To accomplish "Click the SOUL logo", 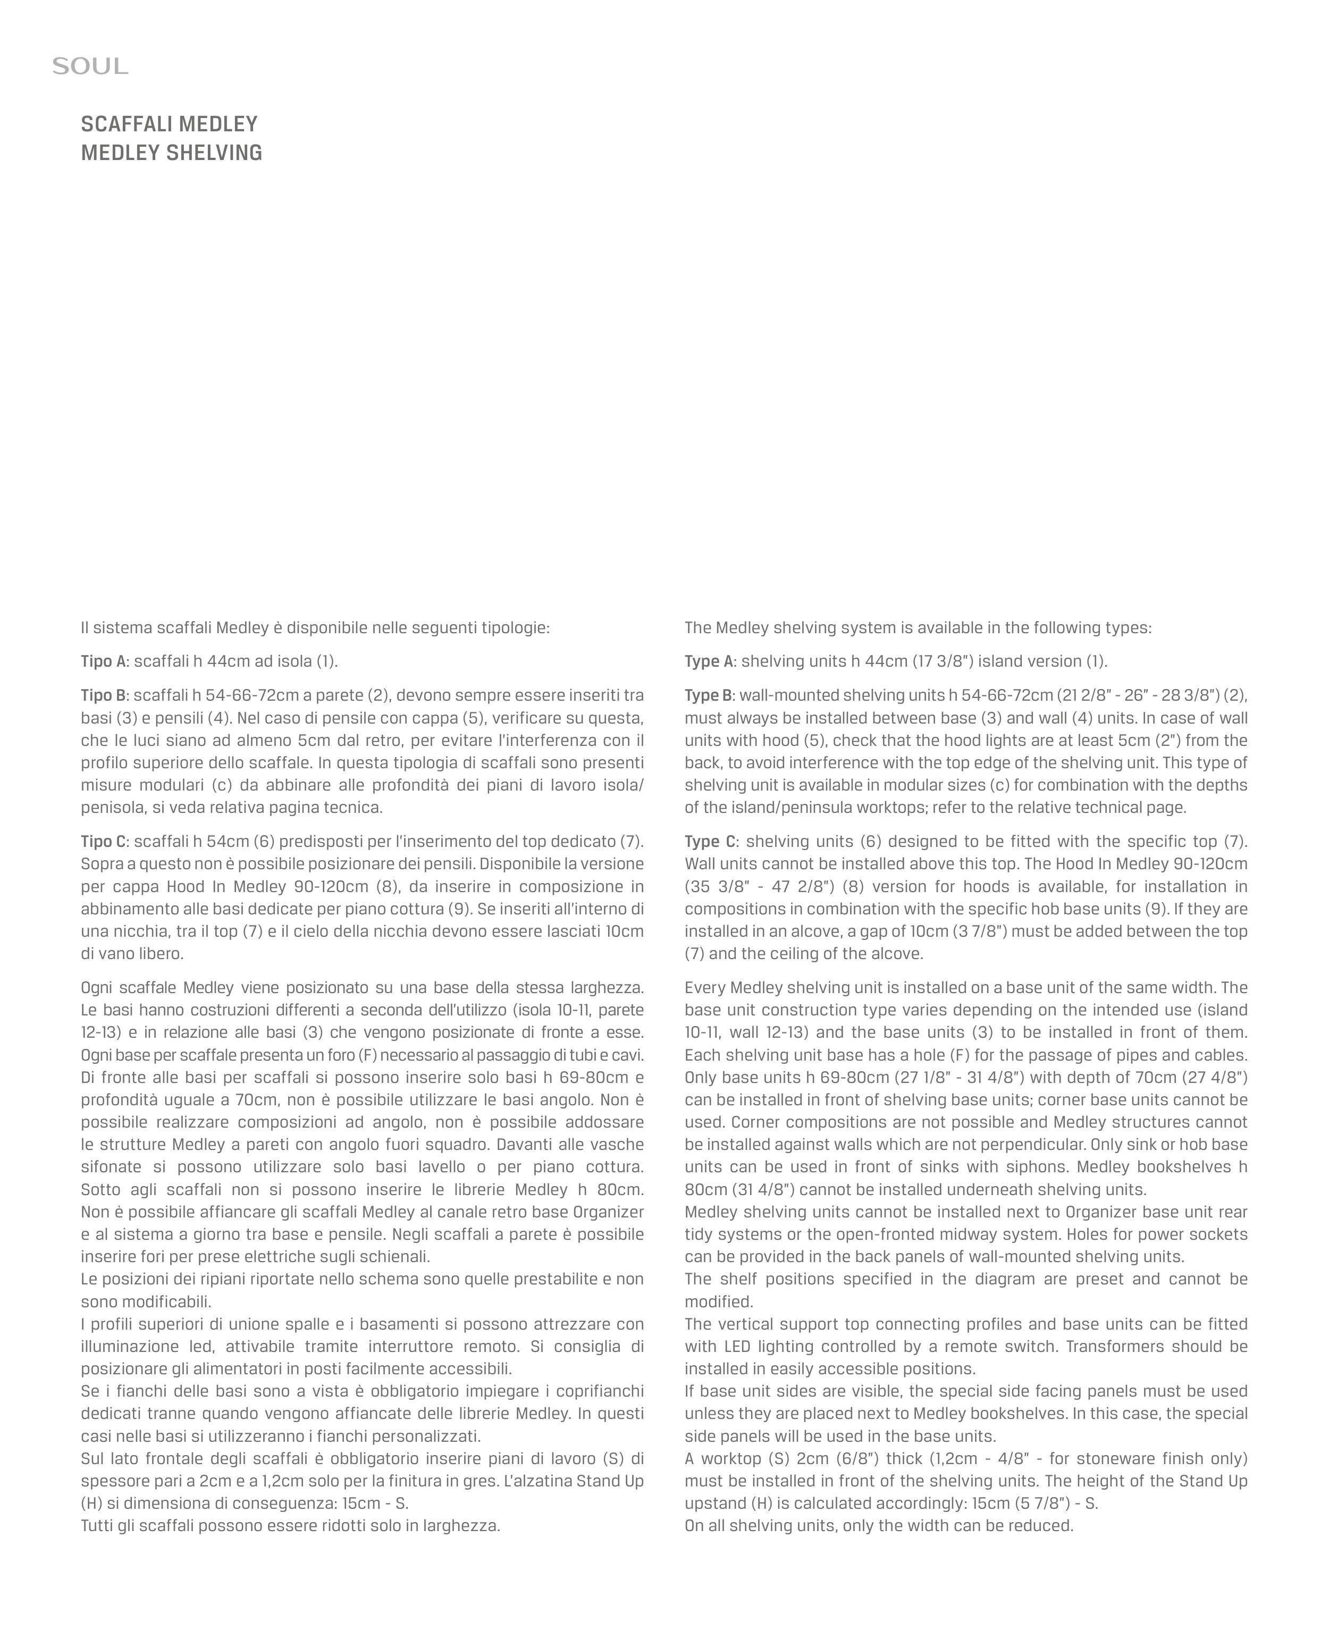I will (x=90, y=66).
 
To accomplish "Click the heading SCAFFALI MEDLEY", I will (x=169, y=124).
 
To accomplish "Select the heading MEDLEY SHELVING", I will (x=172, y=153).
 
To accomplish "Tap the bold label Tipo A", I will (x=103, y=661).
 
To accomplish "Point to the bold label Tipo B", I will (x=103, y=696).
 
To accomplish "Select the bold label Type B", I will (x=708, y=696).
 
